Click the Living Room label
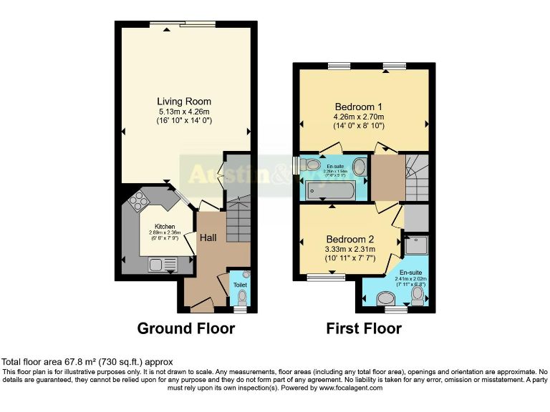click(x=184, y=101)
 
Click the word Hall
click(x=208, y=237)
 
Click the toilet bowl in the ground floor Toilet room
click(x=241, y=296)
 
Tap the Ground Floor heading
click(x=186, y=329)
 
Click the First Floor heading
click(x=364, y=329)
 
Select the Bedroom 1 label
click(x=360, y=107)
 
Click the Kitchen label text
click(x=165, y=227)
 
